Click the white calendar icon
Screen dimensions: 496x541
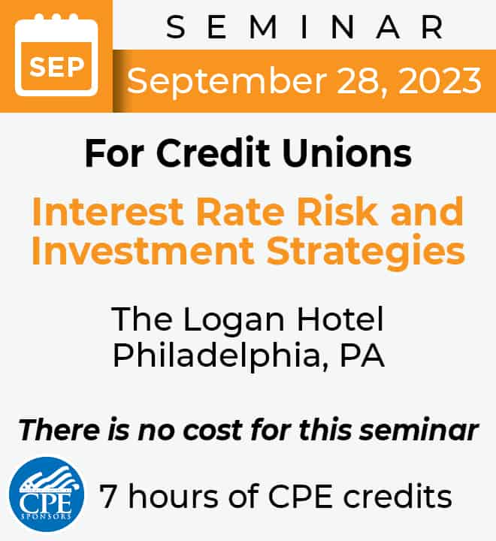click(x=56, y=55)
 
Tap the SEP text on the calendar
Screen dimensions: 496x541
click(x=56, y=67)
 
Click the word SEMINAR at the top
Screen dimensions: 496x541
click(x=304, y=27)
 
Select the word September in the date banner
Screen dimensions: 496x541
click(x=226, y=81)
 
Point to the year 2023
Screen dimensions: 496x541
click(x=440, y=81)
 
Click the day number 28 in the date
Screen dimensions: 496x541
click(x=357, y=81)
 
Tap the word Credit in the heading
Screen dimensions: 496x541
click(x=213, y=153)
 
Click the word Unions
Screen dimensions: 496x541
click(x=347, y=153)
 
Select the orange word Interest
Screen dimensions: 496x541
click(x=107, y=211)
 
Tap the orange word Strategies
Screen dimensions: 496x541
click(x=366, y=252)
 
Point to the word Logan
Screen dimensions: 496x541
click(x=234, y=321)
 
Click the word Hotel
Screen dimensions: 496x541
click(x=340, y=319)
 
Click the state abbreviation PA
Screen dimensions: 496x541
click(x=362, y=355)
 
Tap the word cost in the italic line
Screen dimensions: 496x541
click(x=213, y=431)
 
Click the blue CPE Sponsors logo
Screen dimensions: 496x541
click(x=47, y=494)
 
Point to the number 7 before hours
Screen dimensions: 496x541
click(x=107, y=496)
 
